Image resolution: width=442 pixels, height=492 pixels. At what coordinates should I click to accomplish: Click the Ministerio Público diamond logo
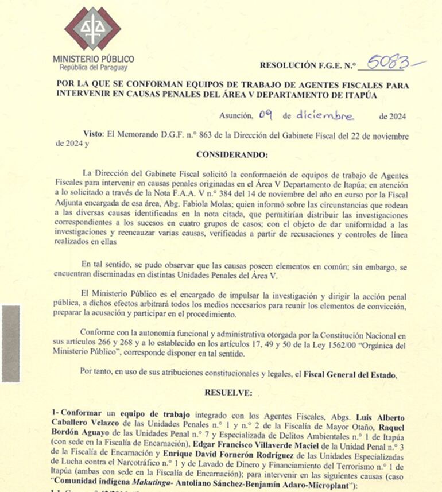click(92, 28)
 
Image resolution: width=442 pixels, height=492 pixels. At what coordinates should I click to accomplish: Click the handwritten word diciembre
click(325, 115)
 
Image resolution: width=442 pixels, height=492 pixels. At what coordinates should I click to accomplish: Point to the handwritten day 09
click(265, 115)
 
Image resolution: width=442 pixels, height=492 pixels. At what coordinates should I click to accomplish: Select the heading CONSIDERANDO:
click(232, 154)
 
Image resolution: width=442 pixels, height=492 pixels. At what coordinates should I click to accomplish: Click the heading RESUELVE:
click(228, 393)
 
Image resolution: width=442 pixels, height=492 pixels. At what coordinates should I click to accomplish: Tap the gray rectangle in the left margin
click(10, 343)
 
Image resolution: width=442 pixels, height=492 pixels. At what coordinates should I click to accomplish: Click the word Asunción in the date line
click(236, 116)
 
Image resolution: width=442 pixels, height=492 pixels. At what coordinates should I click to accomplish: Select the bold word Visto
click(93, 134)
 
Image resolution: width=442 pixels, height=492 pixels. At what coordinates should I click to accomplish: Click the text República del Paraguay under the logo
click(93, 68)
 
